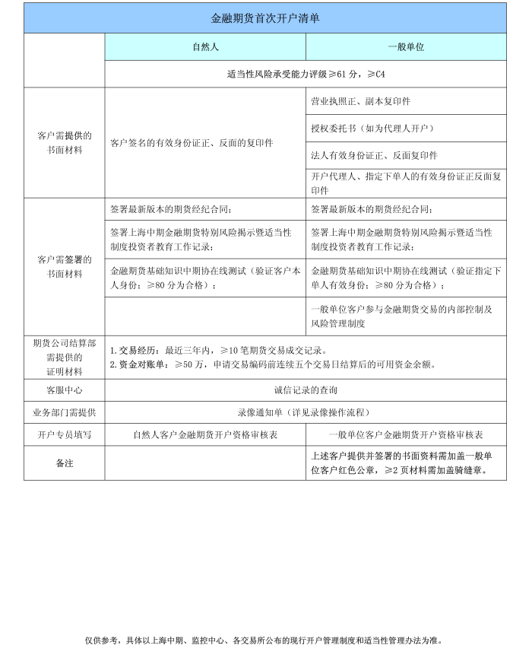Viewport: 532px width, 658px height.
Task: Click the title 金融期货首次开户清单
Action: click(264, 18)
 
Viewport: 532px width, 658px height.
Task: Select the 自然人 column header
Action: click(205, 47)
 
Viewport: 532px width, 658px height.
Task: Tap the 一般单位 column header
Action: click(406, 47)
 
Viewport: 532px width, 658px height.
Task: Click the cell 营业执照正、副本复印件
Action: click(361, 101)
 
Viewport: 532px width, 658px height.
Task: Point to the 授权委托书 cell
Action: click(372, 128)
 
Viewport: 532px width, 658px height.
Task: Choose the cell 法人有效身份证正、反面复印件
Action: click(375, 155)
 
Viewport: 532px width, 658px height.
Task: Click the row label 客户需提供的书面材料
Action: click(65, 143)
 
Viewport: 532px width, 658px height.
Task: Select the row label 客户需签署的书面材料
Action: click(65, 266)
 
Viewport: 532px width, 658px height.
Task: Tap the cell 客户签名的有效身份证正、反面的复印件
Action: click(192, 143)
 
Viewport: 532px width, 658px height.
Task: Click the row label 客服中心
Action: click(65, 390)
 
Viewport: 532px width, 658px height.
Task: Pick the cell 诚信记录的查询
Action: click(305, 390)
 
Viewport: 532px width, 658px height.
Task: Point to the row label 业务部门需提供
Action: click(65, 412)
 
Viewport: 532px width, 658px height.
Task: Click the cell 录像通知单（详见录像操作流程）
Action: click(305, 412)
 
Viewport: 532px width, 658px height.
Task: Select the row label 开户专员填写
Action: click(65, 434)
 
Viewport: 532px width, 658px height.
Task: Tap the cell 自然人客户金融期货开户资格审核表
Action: click(205, 434)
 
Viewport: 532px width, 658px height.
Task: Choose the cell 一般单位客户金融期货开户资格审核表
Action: click(406, 434)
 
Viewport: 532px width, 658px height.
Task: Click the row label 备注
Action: click(65, 463)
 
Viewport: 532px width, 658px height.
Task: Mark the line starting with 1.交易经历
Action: click(218, 351)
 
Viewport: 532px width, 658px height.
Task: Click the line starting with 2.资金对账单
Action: click(273, 364)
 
